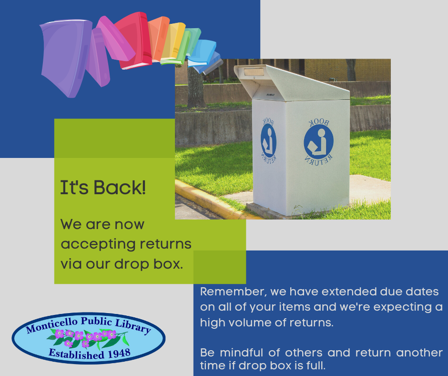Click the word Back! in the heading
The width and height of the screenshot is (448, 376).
click(x=120, y=188)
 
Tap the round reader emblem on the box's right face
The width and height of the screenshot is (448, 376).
click(x=318, y=142)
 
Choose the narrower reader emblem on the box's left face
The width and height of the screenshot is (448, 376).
click(x=268, y=140)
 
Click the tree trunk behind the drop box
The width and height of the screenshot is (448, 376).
click(x=195, y=85)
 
